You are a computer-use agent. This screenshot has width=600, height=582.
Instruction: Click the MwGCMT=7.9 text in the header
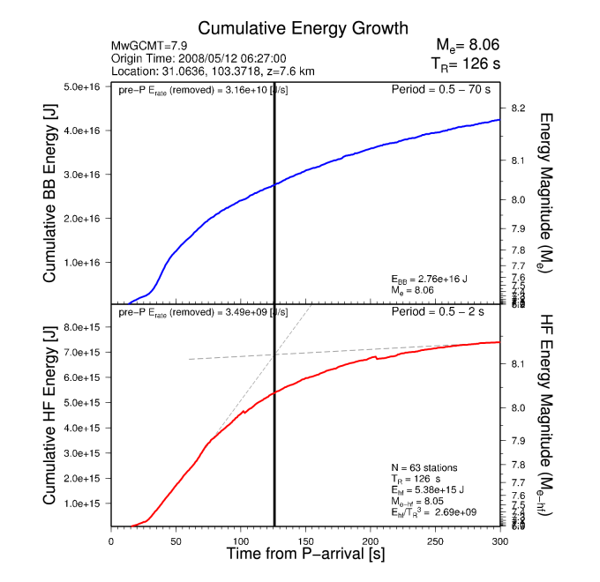146,46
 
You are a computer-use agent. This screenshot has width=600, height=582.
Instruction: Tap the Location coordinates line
213,71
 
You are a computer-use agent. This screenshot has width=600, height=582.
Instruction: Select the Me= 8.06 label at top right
468,45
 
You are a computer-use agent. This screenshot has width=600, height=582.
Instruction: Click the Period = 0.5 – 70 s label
445,89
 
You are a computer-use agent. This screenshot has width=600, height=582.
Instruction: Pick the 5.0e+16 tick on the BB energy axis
83,86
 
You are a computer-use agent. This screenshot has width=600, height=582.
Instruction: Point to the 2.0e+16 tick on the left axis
83,218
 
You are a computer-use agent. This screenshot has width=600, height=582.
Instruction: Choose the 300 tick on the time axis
500,541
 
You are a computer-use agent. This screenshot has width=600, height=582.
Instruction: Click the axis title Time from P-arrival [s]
305,555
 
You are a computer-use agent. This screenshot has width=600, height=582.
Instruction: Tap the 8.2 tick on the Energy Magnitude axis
519,108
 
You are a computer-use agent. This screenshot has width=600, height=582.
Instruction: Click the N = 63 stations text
424,466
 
